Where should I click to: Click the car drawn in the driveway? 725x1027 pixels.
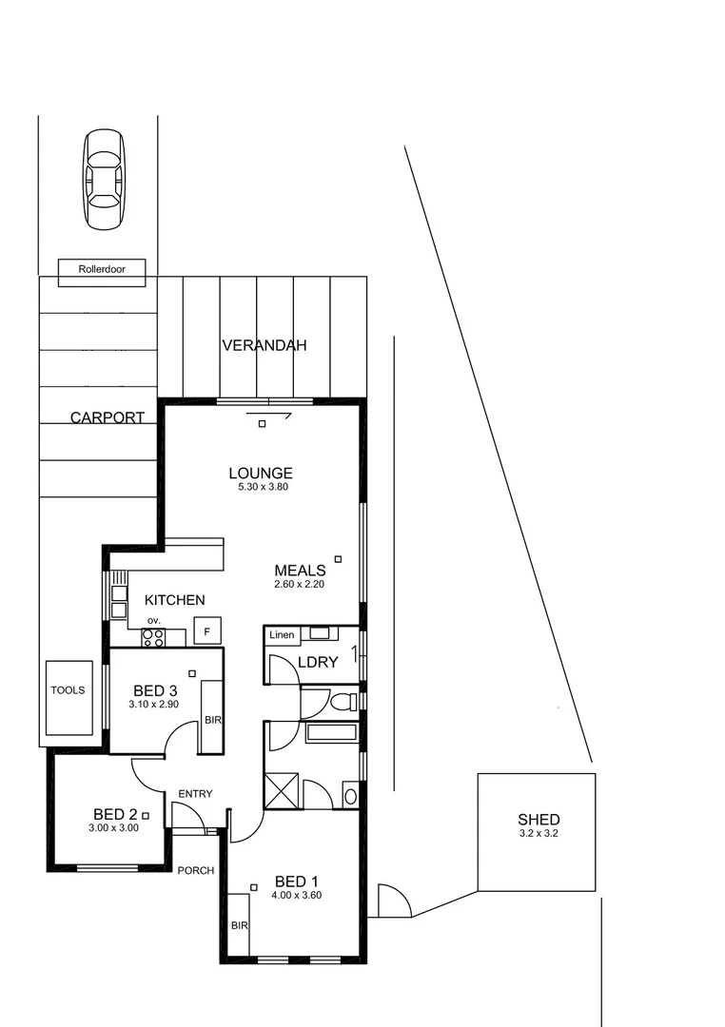(104, 180)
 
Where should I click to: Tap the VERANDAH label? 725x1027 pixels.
(265, 346)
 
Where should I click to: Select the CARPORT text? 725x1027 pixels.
(108, 417)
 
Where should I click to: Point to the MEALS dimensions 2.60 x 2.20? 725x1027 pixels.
(300, 585)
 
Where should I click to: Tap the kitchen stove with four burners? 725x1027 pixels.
(152, 638)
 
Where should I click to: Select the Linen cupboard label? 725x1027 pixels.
(283, 634)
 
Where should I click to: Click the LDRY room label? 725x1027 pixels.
(318, 662)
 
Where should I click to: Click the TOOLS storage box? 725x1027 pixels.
(69, 697)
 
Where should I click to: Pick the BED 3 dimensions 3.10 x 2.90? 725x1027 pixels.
(155, 705)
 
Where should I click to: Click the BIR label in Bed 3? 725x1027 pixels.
(212, 721)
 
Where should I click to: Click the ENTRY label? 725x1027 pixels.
(195, 794)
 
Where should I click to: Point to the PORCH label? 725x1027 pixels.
(196, 870)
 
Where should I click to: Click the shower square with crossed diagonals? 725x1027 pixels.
(283, 791)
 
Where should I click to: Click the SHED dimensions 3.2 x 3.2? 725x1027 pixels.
(538, 834)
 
